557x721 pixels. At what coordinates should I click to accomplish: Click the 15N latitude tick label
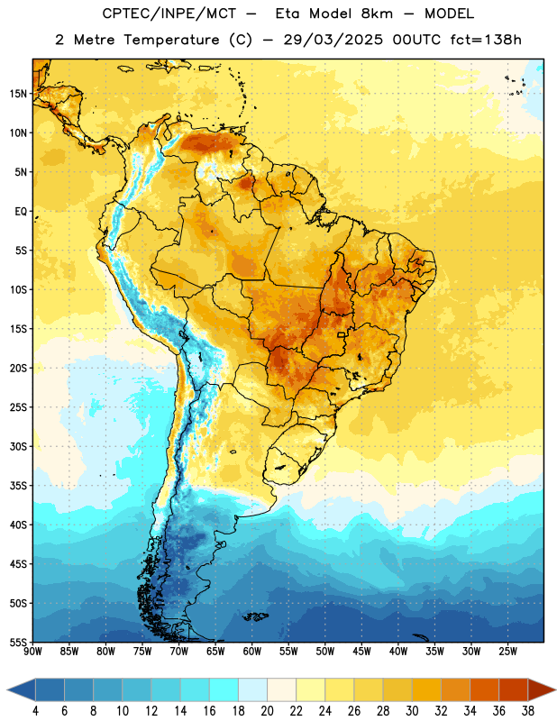coord(18,94)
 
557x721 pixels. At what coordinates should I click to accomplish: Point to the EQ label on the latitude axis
coord(21,212)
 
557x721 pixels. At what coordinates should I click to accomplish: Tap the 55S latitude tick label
coord(18,642)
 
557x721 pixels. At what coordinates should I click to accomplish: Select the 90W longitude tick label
coord(32,652)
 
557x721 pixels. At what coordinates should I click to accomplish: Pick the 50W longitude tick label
coord(325,652)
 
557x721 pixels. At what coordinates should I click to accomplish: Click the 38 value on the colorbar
coord(528,711)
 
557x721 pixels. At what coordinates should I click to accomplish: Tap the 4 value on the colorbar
coord(35,711)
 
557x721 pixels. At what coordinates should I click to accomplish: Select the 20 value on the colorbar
coord(267,711)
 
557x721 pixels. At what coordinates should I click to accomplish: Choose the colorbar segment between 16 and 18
coord(224,690)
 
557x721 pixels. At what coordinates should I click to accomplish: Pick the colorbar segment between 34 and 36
coord(485,690)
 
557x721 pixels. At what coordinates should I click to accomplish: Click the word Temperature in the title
coord(171,40)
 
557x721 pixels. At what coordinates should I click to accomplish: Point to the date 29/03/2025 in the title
coord(333,40)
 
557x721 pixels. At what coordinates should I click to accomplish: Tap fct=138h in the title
coord(486,40)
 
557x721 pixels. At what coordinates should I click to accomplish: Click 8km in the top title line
coord(377,14)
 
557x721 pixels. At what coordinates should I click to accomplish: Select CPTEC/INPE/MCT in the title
coord(169,14)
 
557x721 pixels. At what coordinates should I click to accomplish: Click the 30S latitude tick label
coord(18,446)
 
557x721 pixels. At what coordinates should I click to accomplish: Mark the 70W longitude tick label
coord(179,652)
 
